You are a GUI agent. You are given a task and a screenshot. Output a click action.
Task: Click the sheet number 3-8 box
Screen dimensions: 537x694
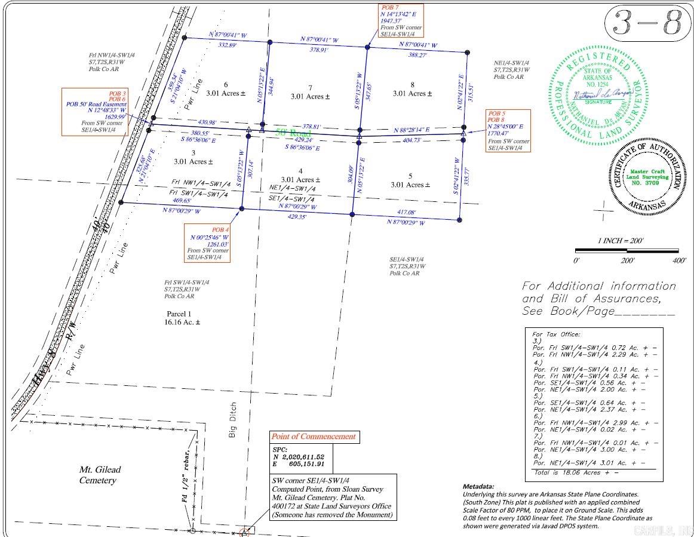point(644,24)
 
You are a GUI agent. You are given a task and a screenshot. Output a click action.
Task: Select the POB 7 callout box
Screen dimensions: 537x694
point(401,21)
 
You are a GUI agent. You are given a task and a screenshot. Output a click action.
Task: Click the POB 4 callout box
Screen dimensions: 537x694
point(207,244)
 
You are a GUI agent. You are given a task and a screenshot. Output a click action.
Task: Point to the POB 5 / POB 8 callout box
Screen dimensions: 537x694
point(508,130)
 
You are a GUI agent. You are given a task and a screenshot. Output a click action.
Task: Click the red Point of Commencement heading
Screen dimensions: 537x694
point(313,437)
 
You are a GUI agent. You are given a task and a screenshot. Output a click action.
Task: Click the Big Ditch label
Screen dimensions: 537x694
point(233,420)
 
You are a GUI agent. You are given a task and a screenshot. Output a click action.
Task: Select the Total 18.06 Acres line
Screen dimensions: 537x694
point(575,472)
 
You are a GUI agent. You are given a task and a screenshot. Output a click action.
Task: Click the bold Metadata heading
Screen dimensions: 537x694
point(478,487)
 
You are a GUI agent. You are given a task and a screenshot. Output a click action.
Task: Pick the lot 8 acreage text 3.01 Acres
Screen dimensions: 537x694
point(413,93)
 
